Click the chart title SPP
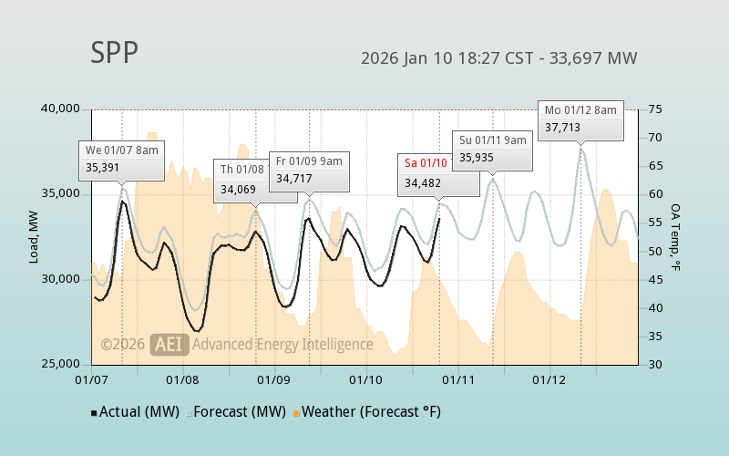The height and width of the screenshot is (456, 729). (114, 53)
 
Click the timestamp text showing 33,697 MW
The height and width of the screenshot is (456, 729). (498, 58)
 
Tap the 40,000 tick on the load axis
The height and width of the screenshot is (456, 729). (60, 109)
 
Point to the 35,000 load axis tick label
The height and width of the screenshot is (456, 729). (60, 194)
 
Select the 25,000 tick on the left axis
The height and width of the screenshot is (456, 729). (60, 364)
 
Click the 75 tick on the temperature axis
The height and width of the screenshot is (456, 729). (655, 109)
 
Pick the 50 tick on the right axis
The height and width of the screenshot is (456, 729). (655, 251)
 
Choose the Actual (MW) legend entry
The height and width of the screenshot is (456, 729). (137, 412)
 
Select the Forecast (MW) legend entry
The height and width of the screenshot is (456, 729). (241, 412)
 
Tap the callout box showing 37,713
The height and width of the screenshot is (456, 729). (580, 119)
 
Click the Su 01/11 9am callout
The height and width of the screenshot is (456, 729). (492, 149)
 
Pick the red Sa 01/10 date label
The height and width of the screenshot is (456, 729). (426, 163)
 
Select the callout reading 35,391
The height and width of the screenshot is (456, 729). (122, 159)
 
